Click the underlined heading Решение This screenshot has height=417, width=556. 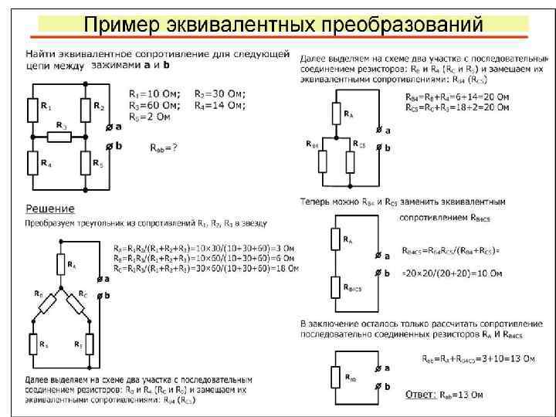point(50,208)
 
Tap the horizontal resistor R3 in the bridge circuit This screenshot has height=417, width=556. point(60,137)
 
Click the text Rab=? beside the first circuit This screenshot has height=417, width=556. point(163,147)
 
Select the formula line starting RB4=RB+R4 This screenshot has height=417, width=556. point(456,98)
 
